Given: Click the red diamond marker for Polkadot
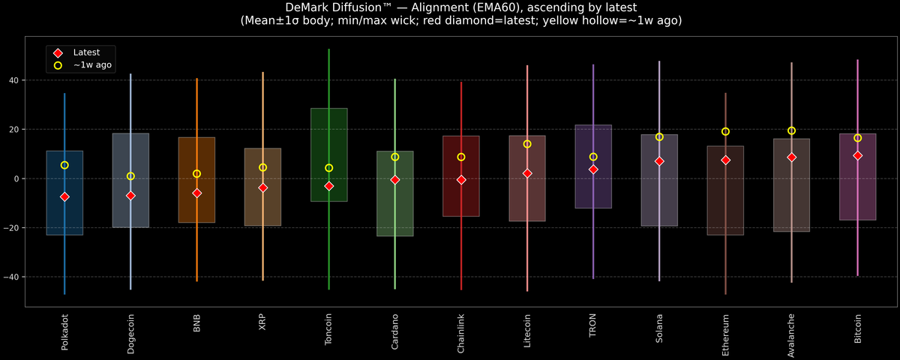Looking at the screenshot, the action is [x=64, y=196].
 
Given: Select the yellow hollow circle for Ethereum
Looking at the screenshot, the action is [x=725, y=131].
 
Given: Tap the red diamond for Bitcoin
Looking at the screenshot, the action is [x=857, y=155].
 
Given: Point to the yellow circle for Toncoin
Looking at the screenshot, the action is [x=329, y=168].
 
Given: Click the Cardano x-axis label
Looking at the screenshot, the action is [x=395, y=331].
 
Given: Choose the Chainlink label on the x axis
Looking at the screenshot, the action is [x=460, y=334].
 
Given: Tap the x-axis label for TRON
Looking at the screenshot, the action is [x=592, y=325].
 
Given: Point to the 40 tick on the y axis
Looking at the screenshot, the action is [x=13, y=80].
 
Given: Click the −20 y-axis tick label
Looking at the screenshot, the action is [x=11, y=228].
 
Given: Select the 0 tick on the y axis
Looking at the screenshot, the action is [x=16, y=178].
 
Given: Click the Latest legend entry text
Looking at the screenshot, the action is [x=86, y=52].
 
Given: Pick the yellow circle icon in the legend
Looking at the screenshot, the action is [x=58, y=65].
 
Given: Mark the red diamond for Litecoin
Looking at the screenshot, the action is [x=527, y=173].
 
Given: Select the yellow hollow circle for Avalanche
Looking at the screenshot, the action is [x=791, y=130].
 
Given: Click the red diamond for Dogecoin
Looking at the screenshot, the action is [x=130, y=196].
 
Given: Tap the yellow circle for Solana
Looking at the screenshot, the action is [x=659, y=137].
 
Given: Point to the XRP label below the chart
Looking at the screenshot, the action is [x=262, y=322].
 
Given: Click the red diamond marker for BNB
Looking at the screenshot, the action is [x=196, y=193].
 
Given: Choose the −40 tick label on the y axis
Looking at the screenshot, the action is [x=11, y=277].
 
